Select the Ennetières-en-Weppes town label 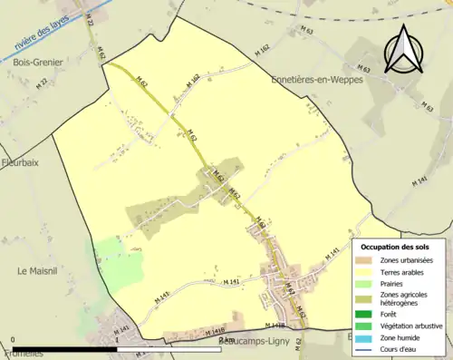317,80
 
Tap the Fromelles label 23,353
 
